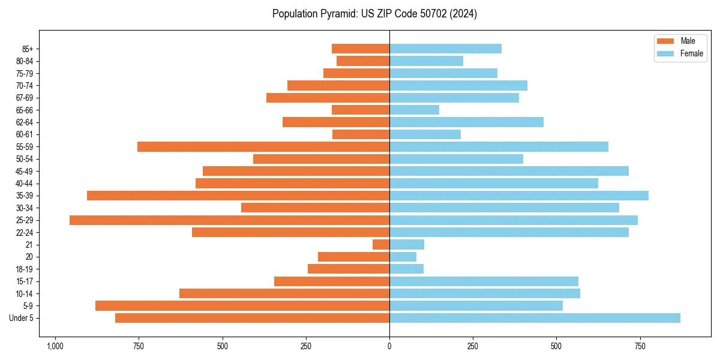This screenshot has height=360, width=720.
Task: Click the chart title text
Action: pos(374,14)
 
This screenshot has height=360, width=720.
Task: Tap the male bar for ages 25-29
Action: pos(229,220)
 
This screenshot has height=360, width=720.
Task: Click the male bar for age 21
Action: pos(381,245)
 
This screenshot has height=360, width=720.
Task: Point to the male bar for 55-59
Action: pos(263,147)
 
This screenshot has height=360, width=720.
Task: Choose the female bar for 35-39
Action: pos(519,196)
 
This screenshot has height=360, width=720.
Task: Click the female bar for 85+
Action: pos(445,49)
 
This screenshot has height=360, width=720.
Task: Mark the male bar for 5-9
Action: pos(242,306)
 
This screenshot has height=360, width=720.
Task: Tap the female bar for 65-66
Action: pos(414,110)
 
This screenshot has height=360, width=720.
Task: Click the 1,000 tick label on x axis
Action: pos(55,346)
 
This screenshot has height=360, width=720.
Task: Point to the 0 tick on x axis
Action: pos(389,346)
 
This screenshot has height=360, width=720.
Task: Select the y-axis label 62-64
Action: pos(25,122)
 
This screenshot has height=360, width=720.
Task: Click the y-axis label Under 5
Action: pos(21,318)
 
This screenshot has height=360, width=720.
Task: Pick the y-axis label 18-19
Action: pos(25,269)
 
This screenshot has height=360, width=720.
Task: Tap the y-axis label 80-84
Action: pos(25,61)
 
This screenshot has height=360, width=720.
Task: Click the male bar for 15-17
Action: pos(332,281)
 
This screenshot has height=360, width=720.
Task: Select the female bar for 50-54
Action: pos(456,159)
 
